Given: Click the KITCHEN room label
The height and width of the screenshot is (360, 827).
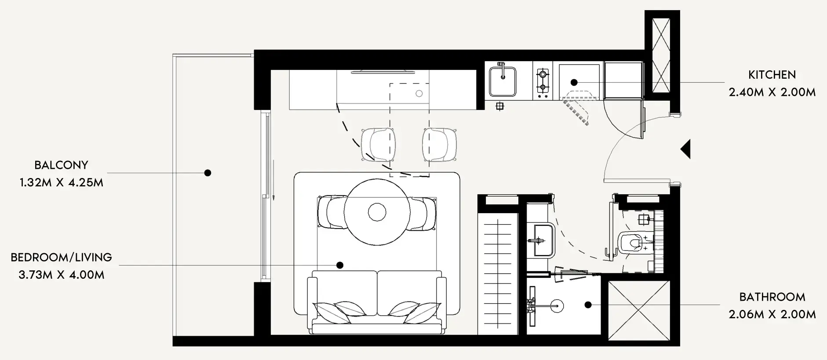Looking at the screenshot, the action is pos(772,75).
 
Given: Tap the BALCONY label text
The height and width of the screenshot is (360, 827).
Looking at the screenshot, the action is pos(61,165).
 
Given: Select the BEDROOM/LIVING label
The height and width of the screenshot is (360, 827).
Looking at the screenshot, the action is pos(61,258).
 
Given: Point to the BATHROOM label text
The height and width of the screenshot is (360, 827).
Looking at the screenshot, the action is pos(772,297).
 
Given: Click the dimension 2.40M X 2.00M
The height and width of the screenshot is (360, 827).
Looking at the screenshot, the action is pos(772,92).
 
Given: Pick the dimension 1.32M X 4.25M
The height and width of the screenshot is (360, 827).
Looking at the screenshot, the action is pos(61,183).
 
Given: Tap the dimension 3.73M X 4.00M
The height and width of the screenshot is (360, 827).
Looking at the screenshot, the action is pos(61,275).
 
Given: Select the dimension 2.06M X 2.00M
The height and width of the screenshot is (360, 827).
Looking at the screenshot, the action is pos(772,315).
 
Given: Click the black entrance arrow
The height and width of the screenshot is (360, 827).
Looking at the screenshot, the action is pos(685,149).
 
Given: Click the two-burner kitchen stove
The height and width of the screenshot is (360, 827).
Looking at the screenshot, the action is pos(543,80).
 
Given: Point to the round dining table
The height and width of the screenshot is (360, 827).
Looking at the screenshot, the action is pos(377,212).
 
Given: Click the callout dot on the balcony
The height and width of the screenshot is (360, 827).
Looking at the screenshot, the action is pos(208,173).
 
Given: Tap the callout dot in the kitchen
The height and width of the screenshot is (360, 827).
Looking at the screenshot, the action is pos(574,82).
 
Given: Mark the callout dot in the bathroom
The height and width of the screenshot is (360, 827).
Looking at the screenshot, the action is pos(588,304).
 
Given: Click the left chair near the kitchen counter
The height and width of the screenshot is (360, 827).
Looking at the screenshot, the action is pos(378,144).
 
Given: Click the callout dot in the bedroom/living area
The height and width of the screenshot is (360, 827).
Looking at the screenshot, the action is pos(340,265).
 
